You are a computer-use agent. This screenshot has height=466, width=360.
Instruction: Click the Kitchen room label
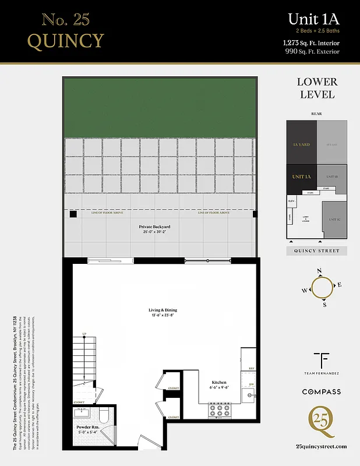coord(219,383)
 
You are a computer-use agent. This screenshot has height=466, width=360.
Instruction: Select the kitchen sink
coord(249,397)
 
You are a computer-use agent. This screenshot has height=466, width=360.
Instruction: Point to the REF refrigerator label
coord(252,369)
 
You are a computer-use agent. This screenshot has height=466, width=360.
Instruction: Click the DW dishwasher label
coord(252,384)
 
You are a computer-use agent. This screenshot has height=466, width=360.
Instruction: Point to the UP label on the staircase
coord(84,334)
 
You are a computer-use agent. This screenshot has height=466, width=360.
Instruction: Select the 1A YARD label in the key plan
coord(301,144)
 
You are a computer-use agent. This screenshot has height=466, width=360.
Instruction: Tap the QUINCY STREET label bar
coord(316,251)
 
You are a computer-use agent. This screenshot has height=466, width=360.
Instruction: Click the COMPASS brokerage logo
coord(321,392)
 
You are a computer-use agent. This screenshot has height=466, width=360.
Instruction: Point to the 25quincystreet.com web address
coord(321,446)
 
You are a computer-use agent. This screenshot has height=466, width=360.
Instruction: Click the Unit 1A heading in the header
coord(313,19)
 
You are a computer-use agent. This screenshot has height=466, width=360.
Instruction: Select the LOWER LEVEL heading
coord(316,88)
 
